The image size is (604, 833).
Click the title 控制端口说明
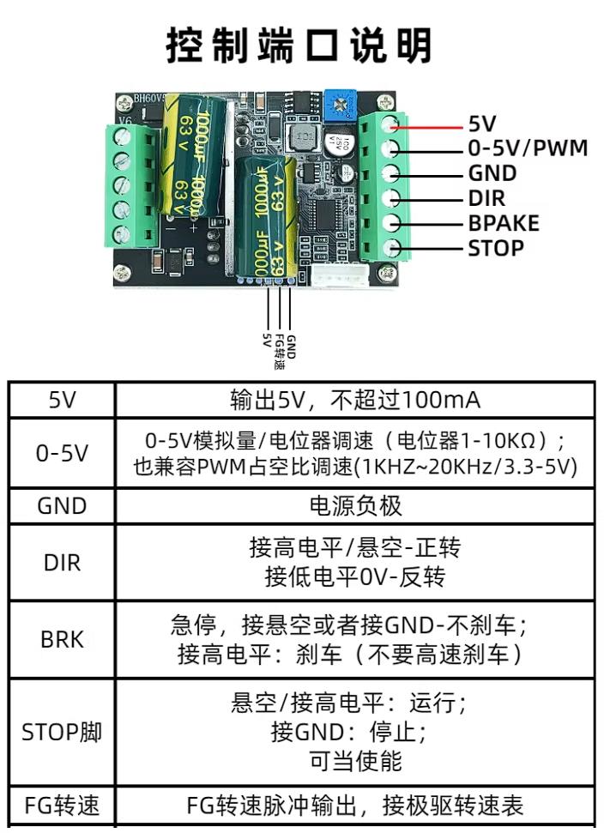coord(299,45)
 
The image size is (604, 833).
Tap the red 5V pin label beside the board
coord(482,124)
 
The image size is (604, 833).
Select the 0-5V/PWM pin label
coord(528,148)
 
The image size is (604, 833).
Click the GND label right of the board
coord(492,172)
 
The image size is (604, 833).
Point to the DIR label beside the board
coord(486,198)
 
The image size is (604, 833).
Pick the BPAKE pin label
coord(503,223)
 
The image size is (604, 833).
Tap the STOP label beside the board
coord(495,249)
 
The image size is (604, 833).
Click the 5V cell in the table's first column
coord(61,400)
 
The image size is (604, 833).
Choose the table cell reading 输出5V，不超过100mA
coord(354,400)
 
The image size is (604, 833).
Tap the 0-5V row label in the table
coord(61,453)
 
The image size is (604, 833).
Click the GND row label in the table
coord(61,506)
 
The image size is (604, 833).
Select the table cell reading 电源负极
coord(354,506)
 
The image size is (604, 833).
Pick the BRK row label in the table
coord(61,639)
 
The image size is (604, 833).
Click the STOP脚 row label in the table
coord(61,733)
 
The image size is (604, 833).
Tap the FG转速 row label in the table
coord(61,806)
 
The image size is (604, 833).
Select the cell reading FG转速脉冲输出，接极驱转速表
coord(354,806)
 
